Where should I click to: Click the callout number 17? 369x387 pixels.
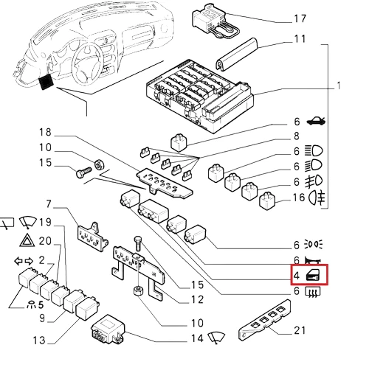click(x=300, y=18)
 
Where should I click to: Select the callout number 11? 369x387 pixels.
click(x=300, y=39)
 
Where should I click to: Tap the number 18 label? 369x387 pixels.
click(x=45, y=132)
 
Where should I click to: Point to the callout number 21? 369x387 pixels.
click(x=300, y=330)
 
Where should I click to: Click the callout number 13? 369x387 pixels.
click(x=39, y=341)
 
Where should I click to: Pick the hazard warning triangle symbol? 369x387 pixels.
click(x=27, y=240)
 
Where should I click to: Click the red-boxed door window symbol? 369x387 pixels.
click(x=313, y=275)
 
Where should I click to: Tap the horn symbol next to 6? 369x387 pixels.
click(x=313, y=260)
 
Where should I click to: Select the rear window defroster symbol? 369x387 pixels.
click(x=313, y=292)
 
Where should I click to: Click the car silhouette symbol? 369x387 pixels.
click(x=316, y=121)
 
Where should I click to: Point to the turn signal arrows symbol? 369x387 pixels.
click(x=24, y=261)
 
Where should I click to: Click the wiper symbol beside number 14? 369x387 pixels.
click(x=216, y=338)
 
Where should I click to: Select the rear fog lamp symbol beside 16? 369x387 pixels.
click(x=317, y=198)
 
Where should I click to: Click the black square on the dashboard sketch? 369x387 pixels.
click(x=46, y=82)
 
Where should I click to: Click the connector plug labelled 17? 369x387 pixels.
click(x=215, y=21)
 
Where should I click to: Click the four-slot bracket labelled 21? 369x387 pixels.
click(x=265, y=320)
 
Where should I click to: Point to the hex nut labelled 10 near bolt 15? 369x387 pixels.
click(x=99, y=164)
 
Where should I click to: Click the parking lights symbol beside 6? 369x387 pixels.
click(x=314, y=244)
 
